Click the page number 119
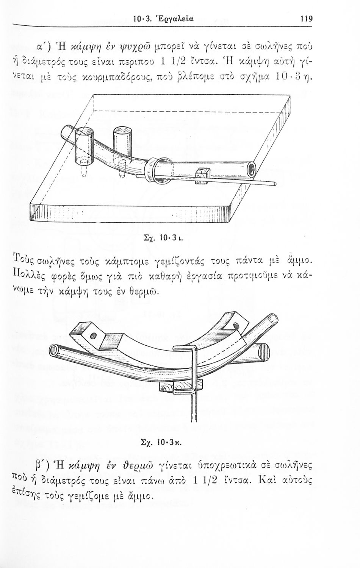(307, 19)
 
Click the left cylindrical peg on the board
(85, 145)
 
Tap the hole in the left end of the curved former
(93, 336)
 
